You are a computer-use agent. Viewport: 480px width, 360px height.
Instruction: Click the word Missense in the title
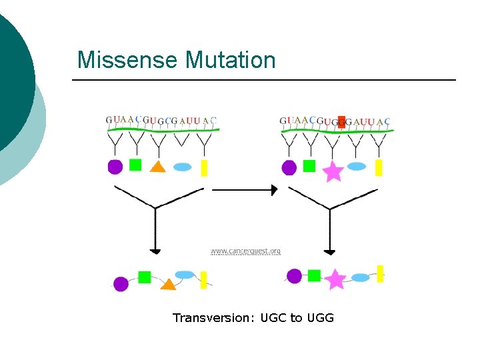click(128, 60)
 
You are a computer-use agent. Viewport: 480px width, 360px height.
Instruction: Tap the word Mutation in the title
click(230, 60)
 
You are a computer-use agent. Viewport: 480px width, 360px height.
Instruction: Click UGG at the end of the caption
click(321, 318)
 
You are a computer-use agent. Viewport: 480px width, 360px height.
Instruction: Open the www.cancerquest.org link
click(245, 251)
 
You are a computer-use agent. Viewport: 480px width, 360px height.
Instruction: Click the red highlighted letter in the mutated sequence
click(341, 121)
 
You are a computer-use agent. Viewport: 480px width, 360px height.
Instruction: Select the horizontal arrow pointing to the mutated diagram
click(244, 190)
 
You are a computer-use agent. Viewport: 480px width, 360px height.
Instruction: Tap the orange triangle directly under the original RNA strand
click(157, 167)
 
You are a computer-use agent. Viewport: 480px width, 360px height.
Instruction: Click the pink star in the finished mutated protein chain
click(335, 279)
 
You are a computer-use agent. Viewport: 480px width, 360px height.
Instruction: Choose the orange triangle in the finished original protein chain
click(168, 285)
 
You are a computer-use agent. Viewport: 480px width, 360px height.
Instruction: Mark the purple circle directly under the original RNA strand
click(115, 167)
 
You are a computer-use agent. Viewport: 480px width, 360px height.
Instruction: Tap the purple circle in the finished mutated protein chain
click(294, 276)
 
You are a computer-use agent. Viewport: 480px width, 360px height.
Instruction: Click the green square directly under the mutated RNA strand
click(309, 166)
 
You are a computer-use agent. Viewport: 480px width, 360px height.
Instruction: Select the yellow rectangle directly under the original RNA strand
click(204, 167)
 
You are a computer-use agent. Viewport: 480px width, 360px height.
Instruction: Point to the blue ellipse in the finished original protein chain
click(184, 275)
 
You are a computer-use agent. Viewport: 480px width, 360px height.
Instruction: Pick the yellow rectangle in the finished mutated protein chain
click(380, 273)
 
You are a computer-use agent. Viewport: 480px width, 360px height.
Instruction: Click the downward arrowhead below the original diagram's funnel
click(155, 251)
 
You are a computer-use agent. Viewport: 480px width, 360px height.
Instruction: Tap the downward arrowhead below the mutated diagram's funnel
click(329, 251)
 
